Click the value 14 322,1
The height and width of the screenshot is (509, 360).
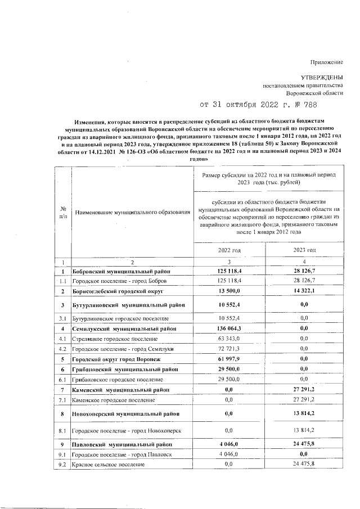point(304,292)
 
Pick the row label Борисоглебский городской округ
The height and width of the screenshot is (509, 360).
point(116,292)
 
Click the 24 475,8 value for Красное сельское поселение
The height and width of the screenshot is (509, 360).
point(304,465)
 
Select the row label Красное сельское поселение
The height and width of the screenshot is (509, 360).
point(108,465)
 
